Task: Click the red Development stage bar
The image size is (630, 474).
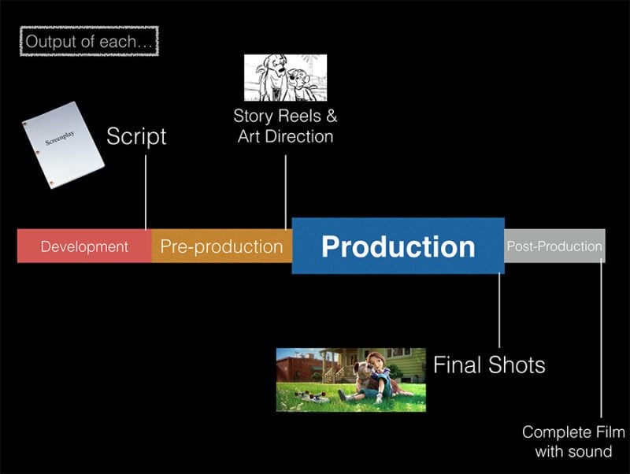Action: point(84,246)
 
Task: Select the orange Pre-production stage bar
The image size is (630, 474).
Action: point(221,246)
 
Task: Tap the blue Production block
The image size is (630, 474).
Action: point(398,246)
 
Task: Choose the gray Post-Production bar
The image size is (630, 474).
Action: point(554,246)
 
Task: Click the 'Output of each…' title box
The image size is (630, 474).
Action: point(89,41)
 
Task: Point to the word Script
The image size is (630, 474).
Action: point(136,136)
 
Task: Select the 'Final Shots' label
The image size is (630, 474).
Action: point(489,365)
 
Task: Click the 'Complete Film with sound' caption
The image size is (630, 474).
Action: point(573,441)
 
